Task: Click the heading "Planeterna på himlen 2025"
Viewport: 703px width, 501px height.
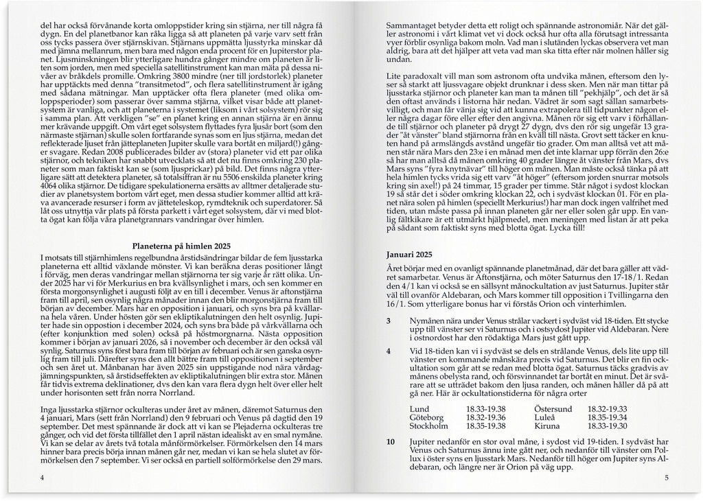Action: coord(181,246)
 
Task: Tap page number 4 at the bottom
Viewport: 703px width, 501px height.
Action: coord(43,478)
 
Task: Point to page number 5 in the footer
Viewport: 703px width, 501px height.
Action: coord(666,478)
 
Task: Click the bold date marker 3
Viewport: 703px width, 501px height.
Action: coord(389,321)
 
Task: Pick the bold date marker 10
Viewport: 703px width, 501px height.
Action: coord(390,442)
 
